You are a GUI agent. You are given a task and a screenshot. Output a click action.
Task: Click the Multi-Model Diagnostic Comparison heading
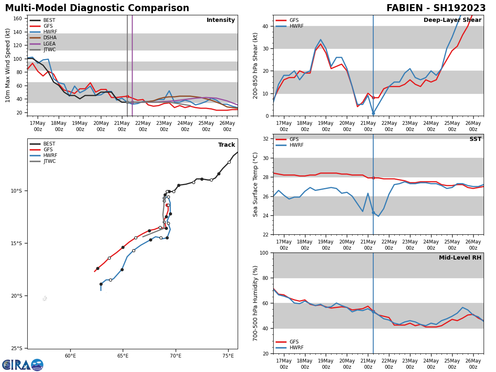pyautogui.click(x=97, y=8)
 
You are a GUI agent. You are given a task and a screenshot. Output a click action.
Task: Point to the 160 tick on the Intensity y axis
pyautogui.click(x=18, y=19)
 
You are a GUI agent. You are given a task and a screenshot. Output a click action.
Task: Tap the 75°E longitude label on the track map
pyautogui.click(x=228, y=355)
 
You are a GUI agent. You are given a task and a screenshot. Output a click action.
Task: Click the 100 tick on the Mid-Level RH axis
pyautogui.click(x=263, y=253)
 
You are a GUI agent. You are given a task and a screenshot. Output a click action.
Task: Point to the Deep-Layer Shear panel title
pyautogui.click(x=452, y=20)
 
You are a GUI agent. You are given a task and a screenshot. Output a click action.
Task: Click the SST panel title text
pyautogui.click(x=475, y=139)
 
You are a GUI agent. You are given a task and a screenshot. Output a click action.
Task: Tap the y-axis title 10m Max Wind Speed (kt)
pyautogui.click(x=8, y=65)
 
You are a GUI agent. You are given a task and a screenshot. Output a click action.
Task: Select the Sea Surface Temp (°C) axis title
pyautogui.click(x=256, y=184)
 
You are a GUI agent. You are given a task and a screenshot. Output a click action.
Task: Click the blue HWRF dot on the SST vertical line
pyautogui.click(x=373, y=212)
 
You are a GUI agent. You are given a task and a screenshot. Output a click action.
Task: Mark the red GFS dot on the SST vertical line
pyautogui.click(x=373, y=178)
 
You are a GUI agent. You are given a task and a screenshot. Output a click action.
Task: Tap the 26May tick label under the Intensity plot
pyautogui.click(x=227, y=126)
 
